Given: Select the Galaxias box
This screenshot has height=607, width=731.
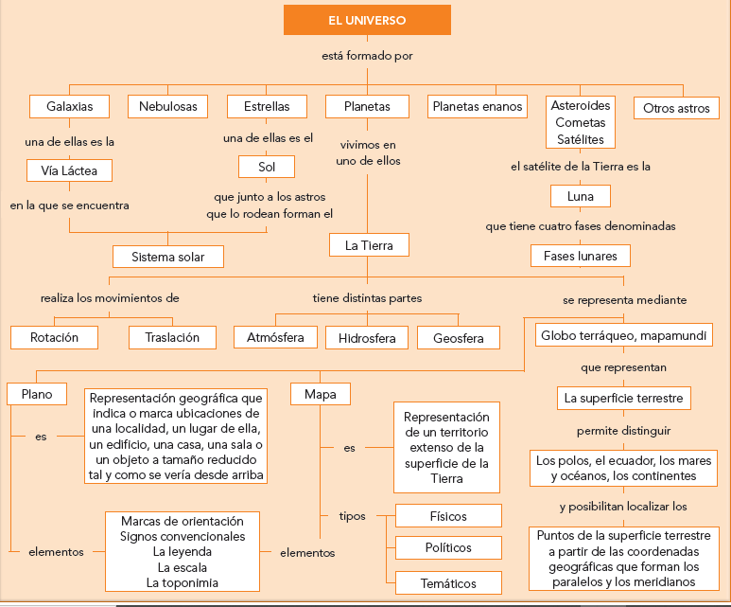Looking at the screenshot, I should (x=69, y=106).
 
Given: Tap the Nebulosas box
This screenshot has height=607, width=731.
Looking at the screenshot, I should (x=168, y=106).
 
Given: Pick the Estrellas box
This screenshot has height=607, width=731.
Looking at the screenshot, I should (x=267, y=106).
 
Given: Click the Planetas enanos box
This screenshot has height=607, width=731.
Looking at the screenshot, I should (x=478, y=107).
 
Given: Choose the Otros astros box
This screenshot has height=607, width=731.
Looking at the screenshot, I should (x=676, y=108).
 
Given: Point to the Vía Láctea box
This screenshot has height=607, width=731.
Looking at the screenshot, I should (x=69, y=170).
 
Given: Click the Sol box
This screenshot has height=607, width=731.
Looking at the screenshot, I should (x=266, y=168).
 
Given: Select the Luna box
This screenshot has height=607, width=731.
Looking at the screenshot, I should (x=580, y=196).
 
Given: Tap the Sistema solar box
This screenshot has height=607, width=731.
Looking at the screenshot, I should (x=168, y=256).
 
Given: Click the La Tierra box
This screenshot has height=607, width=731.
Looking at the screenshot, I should (x=369, y=245).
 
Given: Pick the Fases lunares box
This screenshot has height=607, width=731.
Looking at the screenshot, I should (x=580, y=256).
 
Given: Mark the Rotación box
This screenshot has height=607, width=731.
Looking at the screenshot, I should (x=54, y=337).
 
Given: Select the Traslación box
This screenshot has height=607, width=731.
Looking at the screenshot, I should (x=172, y=337).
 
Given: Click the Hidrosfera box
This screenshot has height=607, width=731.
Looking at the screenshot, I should (x=366, y=337).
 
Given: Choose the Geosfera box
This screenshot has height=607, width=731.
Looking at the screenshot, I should (x=459, y=337).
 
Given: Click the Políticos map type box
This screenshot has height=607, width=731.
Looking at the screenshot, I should (x=447, y=548).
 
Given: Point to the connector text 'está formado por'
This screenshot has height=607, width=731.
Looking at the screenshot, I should (x=367, y=56).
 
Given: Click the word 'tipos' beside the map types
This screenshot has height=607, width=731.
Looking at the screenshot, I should (x=352, y=516).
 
